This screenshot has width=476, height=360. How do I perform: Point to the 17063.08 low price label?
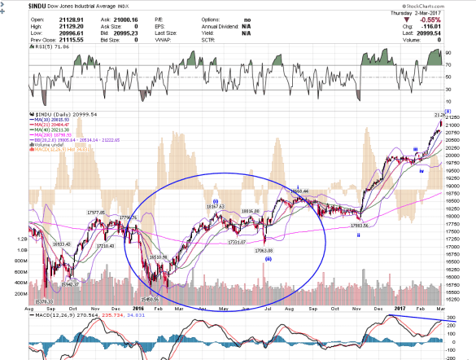pyautogui.click(x=267, y=251)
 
